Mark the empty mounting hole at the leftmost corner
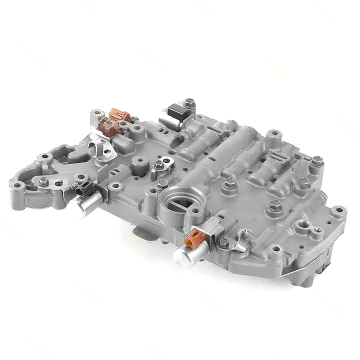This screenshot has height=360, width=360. tap(18, 186)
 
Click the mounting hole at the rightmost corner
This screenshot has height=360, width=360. tap(339, 210)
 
